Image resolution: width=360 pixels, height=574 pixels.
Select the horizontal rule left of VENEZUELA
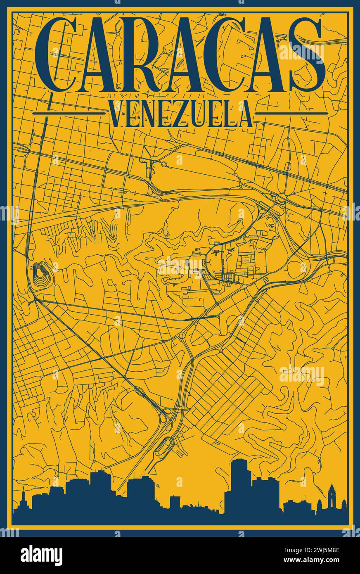[x=69, y=113]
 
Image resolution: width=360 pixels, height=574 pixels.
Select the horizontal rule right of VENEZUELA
[x=291, y=113]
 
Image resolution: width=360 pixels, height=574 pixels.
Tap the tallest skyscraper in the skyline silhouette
[x=239, y=483]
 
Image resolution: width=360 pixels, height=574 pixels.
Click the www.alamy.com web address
[x=318, y=561]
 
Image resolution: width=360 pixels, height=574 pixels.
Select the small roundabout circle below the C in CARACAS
[x=164, y=164]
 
